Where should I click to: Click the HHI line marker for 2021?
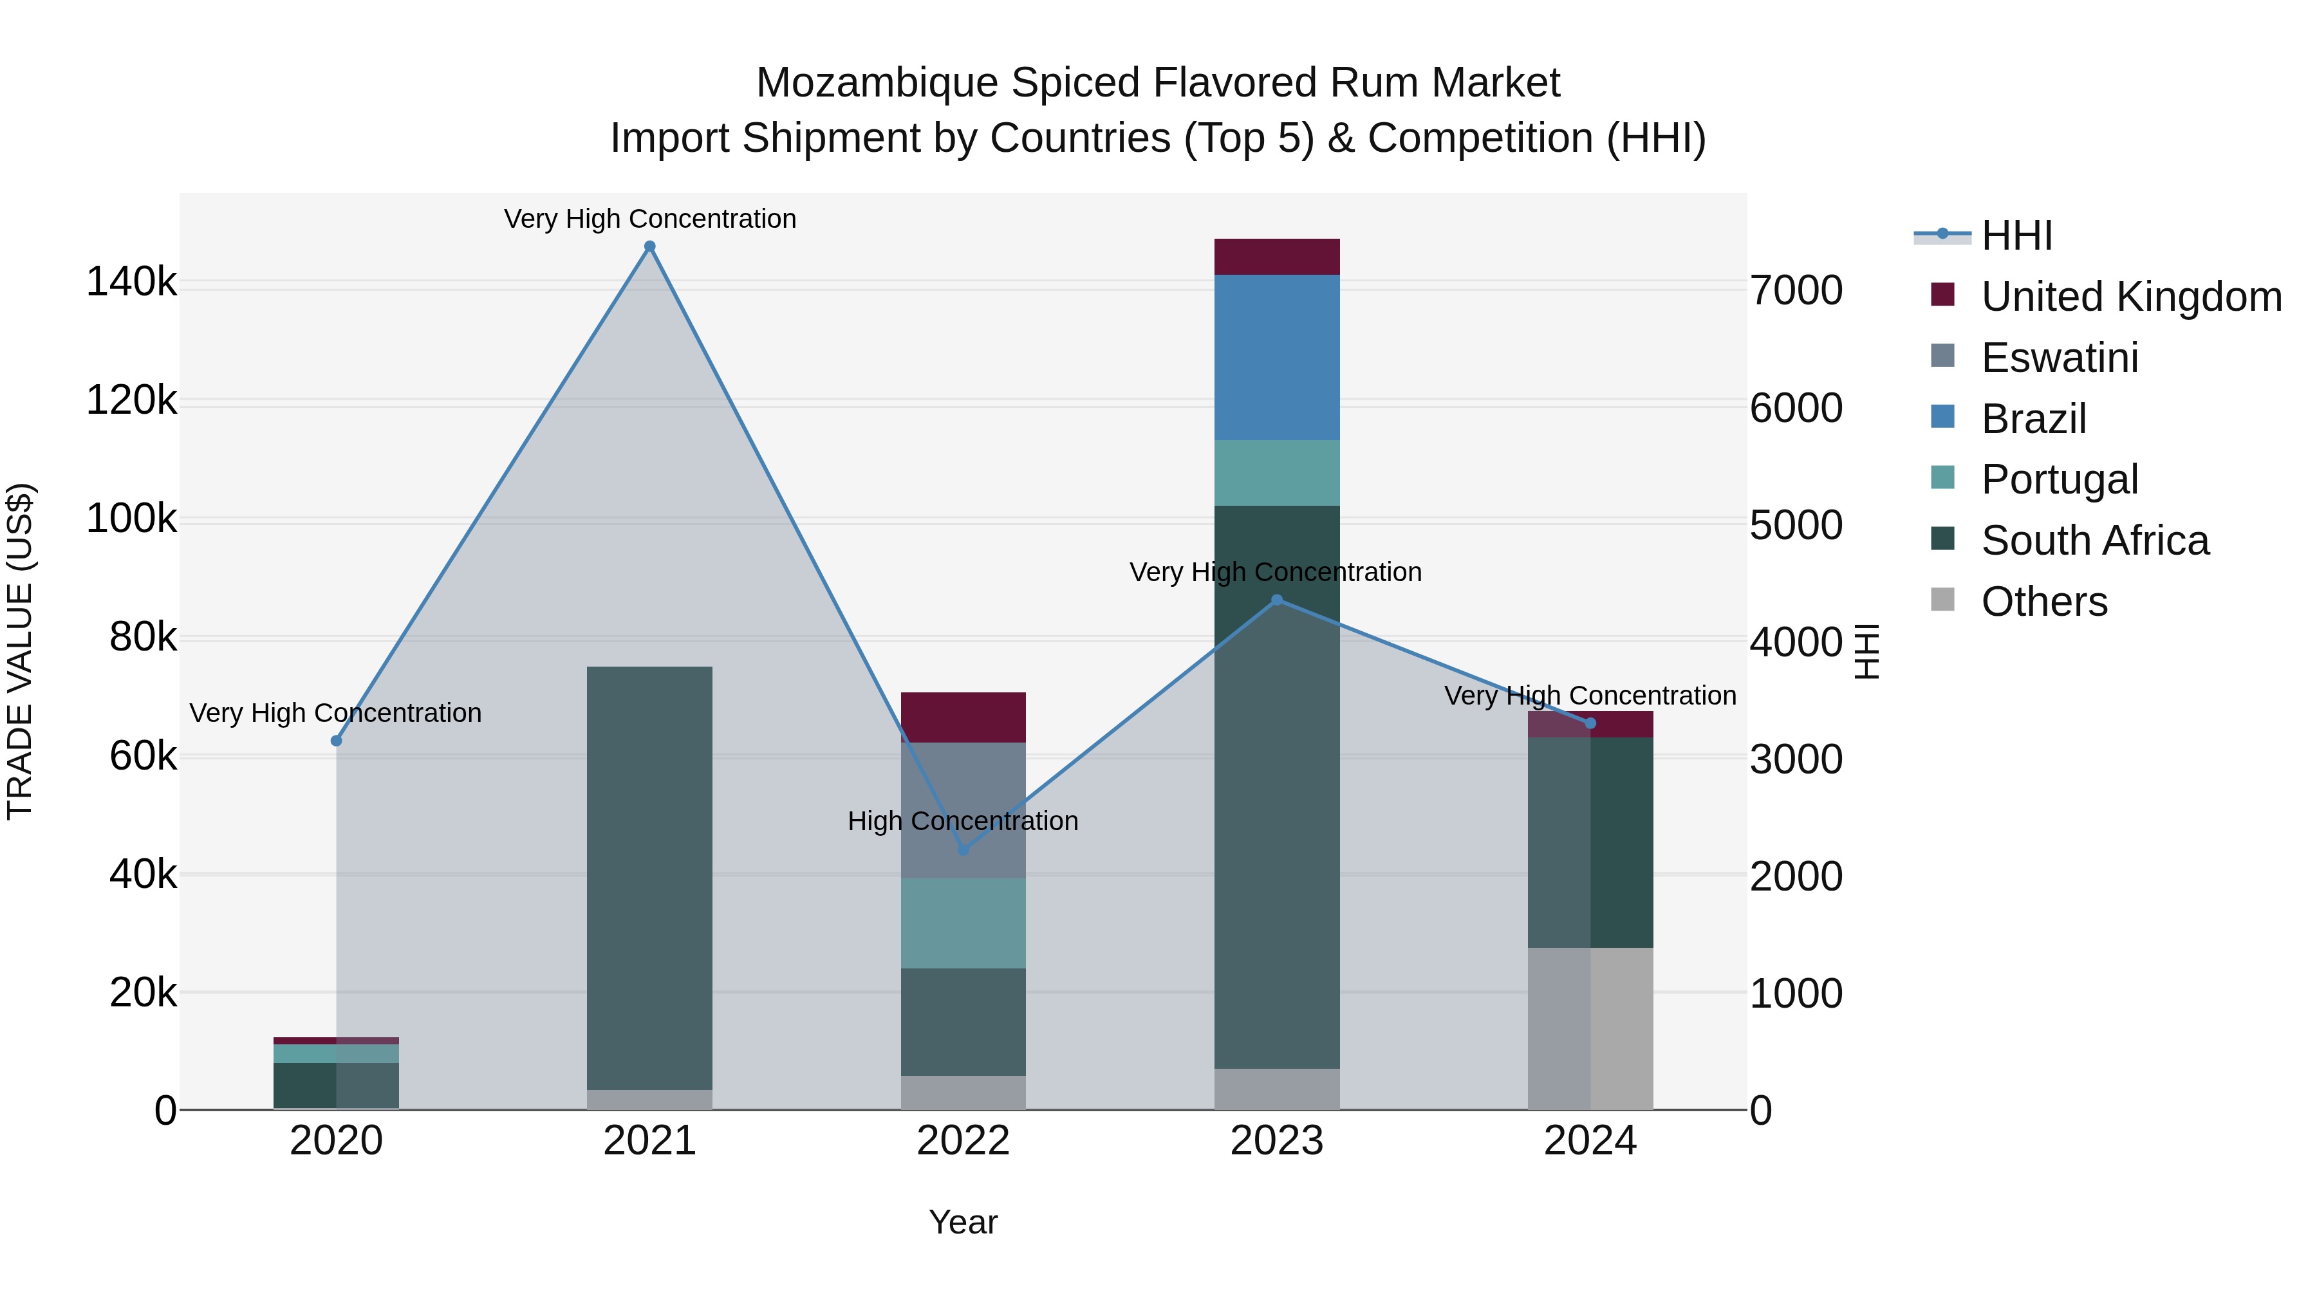(649, 246)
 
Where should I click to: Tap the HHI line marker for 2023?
(1276, 600)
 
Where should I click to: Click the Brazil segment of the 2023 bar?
(1276, 357)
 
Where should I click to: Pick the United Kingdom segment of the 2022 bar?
(963, 717)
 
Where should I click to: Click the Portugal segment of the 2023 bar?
(1276, 472)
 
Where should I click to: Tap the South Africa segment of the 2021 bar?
(649, 877)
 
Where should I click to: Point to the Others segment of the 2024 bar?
(1590, 1028)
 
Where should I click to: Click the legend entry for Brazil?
(2033, 419)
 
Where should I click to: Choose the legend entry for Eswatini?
(2059, 358)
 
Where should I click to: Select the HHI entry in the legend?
(2016, 236)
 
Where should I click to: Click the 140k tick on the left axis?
(131, 282)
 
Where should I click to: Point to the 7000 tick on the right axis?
(1795, 290)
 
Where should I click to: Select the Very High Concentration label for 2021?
(649, 219)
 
